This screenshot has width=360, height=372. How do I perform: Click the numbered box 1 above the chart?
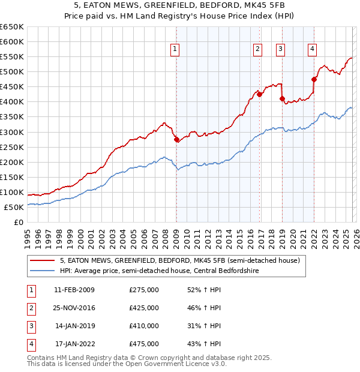point(175,49)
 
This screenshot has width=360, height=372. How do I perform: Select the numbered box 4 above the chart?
point(313,49)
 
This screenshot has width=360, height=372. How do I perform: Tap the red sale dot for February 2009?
point(176,140)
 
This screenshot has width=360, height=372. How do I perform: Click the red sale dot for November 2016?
point(259,94)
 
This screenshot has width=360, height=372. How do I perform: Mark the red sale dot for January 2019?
point(282,99)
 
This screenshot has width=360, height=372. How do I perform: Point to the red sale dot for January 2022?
point(314,79)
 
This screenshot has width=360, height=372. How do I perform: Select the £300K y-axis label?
point(12,132)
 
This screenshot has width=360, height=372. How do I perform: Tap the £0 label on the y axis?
point(18,223)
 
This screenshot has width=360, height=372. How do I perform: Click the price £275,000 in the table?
point(144,290)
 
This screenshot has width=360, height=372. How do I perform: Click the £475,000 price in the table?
point(144,344)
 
